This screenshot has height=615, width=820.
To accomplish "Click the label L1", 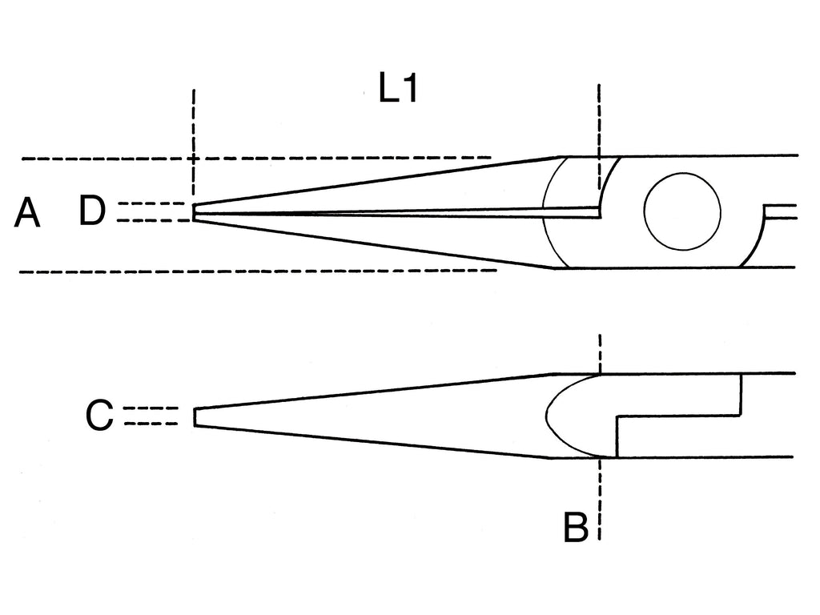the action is [x=398, y=88].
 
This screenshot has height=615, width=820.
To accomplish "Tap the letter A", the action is [x=26, y=213].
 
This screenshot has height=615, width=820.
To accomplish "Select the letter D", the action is [x=92, y=211].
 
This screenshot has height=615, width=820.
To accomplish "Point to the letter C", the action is [x=99, y=416].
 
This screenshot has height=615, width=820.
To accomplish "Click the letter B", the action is [x=576, y=527].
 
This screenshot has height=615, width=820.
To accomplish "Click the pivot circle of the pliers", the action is [x=682, y=211].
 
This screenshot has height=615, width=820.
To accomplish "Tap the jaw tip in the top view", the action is [x=194, y=212].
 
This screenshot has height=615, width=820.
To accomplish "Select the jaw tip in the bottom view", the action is [x=195, y=417].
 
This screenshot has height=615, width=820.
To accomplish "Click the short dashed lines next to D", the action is [x=151, y=211].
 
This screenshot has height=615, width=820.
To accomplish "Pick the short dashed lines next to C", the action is [x=151, y=416].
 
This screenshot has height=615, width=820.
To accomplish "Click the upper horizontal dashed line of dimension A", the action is [x=256, y=158].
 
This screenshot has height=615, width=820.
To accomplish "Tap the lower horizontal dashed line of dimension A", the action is [x=258, y=271].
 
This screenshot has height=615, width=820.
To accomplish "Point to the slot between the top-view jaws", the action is [x=397, y=212].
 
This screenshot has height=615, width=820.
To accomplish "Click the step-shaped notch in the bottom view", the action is [x=679, y=416].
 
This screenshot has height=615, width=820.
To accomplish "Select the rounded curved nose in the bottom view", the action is [x=573, y=416].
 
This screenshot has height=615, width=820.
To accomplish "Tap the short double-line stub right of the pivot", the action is [x=780, y=211].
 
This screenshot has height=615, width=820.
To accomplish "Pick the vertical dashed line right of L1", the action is [x=599, y=136].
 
